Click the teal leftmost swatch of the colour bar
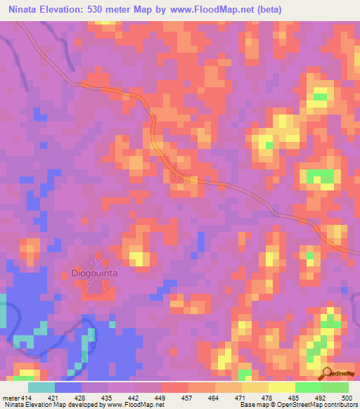[41, 387]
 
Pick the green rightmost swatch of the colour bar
[335, 387]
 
